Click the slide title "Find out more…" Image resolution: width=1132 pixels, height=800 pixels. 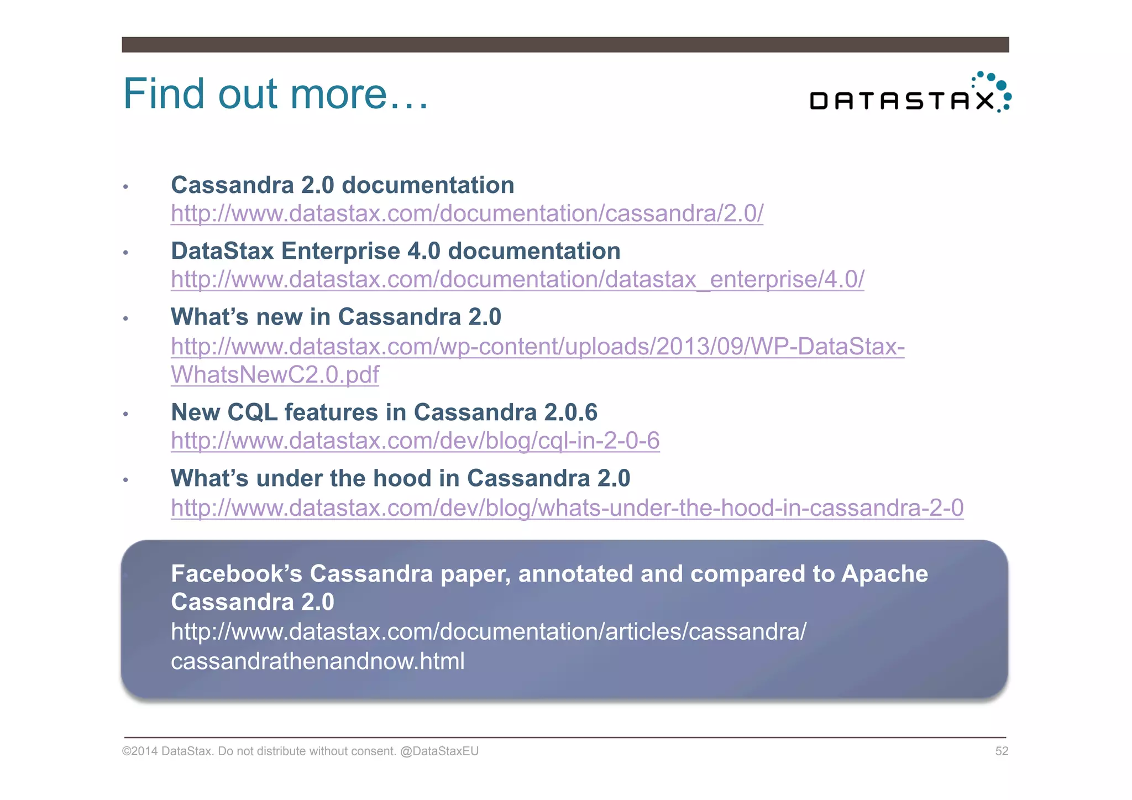pyautogui.click(x=275, y=94)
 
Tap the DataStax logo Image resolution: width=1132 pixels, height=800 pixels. pyautogui.click(x=910, y=94)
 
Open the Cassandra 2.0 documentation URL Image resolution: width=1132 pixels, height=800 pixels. pyautogui.click(x=467, y=213)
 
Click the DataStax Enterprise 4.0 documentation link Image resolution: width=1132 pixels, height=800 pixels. pyautogui.click(x=517, y=279)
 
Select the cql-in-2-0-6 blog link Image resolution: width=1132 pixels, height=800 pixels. pyautogui.click(x=415, y=441)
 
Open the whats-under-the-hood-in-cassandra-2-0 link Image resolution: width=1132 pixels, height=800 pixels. pyautogui.click(x=567, y=508)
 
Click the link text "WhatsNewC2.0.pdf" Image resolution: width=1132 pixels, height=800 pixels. pyautogui.click(x=275, y=375)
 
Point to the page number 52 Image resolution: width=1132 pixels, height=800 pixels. pyautogui.click(x=1001, y=751)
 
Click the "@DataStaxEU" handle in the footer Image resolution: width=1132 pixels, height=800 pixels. pyautogui.click(x=439, y=751)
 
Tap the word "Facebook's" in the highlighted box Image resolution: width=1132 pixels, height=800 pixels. pyautogui.click(x=237, y=573)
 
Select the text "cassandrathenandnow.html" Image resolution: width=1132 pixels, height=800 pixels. pyautogui.click(x=317, y=661)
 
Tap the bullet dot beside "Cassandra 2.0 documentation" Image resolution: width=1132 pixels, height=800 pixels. pyautogui.click(x=126, y=187)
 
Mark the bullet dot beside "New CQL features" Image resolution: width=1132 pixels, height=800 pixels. pyautogui.click(x=126, y=414)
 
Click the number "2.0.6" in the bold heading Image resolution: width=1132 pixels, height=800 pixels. pyautogui.click(x=570, y=412)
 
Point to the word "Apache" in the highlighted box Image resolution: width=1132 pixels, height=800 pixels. pyautogui.click(x=884, y=573)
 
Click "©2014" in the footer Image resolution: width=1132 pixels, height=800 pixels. pyautogui.click(x=140, y=751)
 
